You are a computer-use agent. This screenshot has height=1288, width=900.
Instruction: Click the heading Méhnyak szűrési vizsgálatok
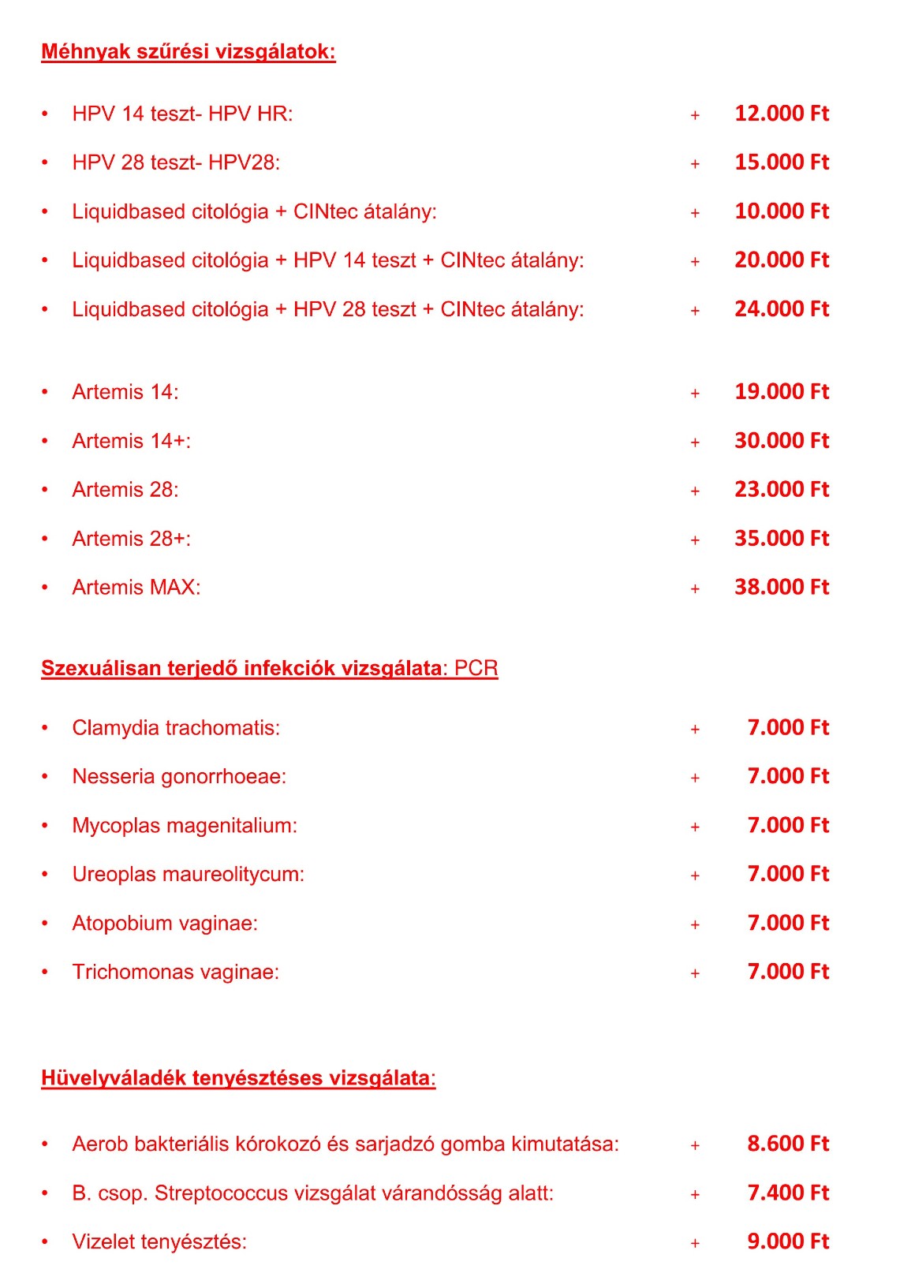point(188,52)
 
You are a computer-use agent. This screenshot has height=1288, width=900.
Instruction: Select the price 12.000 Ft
point(781,114)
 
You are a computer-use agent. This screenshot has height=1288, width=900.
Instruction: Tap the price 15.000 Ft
point(781,162)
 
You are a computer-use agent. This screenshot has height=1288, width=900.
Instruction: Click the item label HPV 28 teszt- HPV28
point(176,162)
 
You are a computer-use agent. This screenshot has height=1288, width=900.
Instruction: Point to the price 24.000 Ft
point(781,309)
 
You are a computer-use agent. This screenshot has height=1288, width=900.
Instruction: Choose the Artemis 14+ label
point(131,441)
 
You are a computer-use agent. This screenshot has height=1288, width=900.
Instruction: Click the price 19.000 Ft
point(781,392)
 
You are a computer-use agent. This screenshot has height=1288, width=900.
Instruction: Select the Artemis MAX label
point(136,588)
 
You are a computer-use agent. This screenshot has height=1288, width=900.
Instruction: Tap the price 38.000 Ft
point(781,588)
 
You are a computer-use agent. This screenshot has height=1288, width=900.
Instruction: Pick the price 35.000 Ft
point(781,539)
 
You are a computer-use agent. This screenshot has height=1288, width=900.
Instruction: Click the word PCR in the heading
point(476,668)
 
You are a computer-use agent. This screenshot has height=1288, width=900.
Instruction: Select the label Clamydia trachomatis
point(176,728)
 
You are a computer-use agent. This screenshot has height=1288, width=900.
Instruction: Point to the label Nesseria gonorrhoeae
point(179,777)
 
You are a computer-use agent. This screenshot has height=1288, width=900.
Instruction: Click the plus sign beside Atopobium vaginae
point(695,924)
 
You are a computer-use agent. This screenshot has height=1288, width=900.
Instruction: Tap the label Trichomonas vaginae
point(175,973)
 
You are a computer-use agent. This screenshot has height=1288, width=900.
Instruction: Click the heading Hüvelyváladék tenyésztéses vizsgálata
point(237,1078)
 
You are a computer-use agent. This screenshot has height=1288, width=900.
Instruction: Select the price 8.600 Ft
point(787,1144)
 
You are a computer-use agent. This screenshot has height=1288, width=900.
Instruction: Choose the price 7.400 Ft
point(787,1193)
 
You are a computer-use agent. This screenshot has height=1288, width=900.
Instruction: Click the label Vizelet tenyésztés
point(159,1242)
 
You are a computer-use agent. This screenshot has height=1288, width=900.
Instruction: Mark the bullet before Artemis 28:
point(45,490)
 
